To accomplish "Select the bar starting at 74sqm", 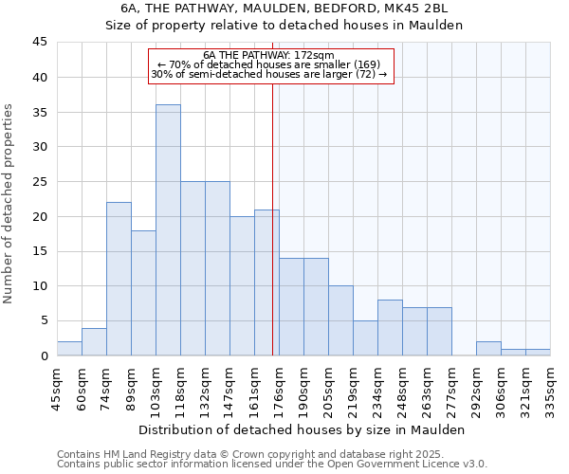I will tap(119, 279).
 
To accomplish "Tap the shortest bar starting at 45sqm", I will tap(69, 349).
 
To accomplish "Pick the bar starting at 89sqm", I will tap(143, 293).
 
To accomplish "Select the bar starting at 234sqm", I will tap(390, 328).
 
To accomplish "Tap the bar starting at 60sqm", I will tap(94, 342).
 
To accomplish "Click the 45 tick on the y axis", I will tap(40, 43).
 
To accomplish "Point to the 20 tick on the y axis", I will tap(40, 216).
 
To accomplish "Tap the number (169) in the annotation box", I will tap(367, 64).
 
